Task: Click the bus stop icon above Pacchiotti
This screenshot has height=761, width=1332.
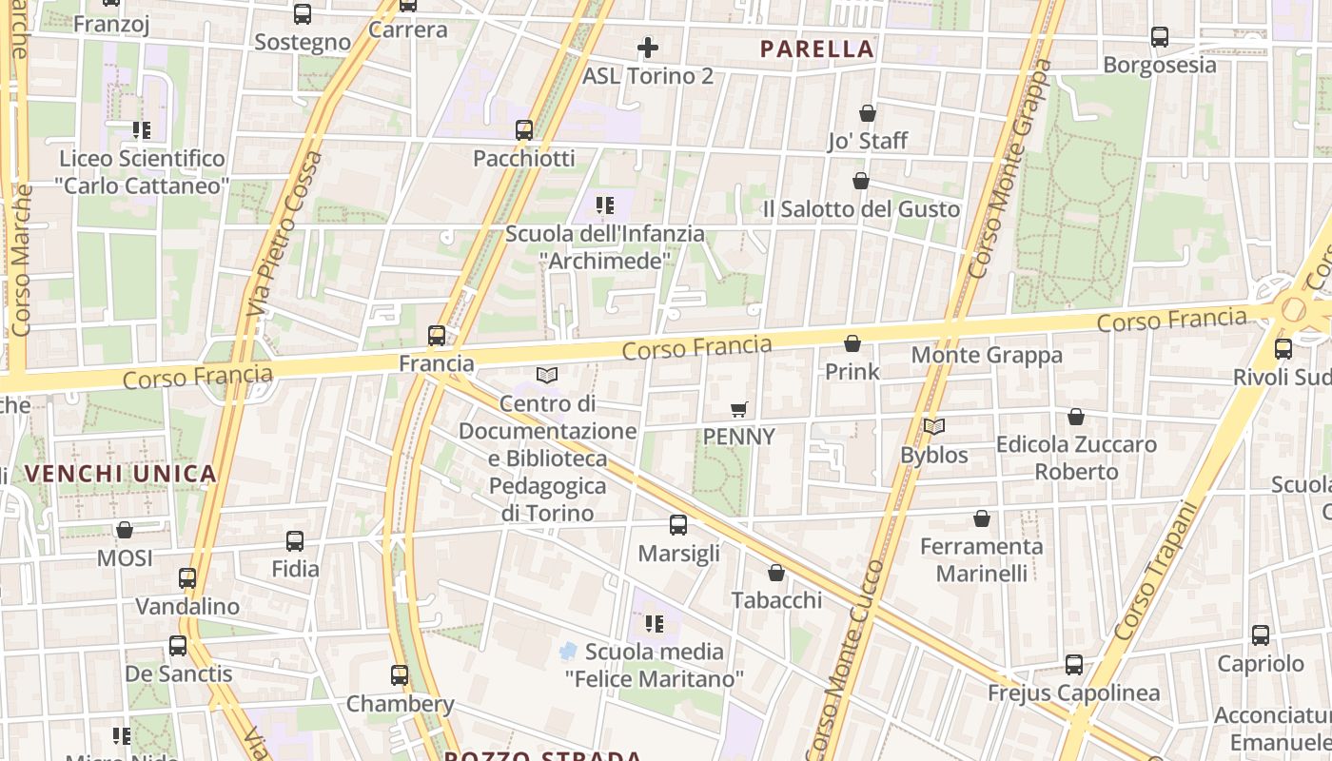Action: [x=524, y=130]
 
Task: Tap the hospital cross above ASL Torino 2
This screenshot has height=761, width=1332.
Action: [x=648, y=47]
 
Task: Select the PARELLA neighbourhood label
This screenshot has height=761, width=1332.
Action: [x=817, y=49]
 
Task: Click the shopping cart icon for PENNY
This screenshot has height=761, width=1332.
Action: [x=739, y=410]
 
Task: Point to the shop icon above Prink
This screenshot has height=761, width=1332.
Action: [x=852, y=343]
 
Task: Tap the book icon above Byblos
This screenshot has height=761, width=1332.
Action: [x=934, y=427]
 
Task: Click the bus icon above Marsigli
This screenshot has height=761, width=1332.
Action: [x=678, y=525]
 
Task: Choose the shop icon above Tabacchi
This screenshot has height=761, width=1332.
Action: [x=776, y=573]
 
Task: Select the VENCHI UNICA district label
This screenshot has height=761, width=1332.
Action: [x=121, y=473]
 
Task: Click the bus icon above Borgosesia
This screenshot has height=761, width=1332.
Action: [x=1160, y=37]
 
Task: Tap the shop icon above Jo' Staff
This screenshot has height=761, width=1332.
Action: [x=868, y=113]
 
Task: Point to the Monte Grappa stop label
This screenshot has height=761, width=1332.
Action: [x=987, y=356]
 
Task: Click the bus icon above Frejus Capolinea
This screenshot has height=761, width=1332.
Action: [x=1074, y=665]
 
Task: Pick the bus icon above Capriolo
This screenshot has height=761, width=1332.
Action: [x=1261, y=635]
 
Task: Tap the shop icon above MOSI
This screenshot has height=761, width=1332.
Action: [x=125, y=530]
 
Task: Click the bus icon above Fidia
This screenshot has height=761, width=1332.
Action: [x=295, y=541]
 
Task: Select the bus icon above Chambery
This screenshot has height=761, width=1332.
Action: [x=400, y=675]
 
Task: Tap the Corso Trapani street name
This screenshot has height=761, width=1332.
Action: [x=1153, y=571]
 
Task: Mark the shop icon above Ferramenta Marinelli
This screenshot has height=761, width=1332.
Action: [x=982, y=518]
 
